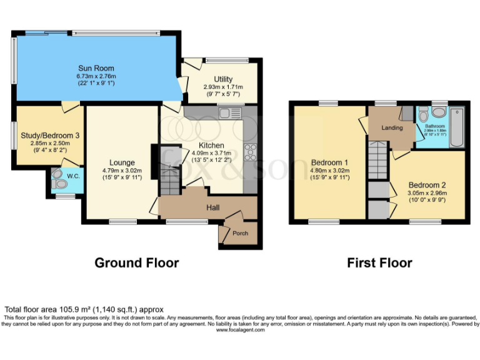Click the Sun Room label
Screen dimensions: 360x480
(x=96, y=68)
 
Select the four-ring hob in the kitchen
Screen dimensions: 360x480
(x=251, y=151)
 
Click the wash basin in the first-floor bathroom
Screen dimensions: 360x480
(x=438, y=113)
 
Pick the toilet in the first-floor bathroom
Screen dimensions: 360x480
(x=423, y=114)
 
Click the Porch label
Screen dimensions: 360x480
(x=240, y=233)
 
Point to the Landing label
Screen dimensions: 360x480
(x=392, y=128)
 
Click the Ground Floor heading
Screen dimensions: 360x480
(x=136, y=262)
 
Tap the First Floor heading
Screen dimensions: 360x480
(x=379, y=262)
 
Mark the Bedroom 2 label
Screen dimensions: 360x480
(x=427, y=185)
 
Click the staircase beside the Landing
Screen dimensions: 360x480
(x=377, y=160)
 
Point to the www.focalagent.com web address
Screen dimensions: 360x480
(x=240, y=330)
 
